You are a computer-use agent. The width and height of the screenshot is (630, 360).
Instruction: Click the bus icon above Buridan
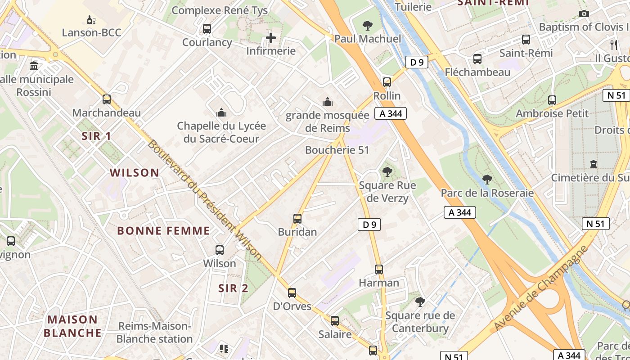[x=297, y=219]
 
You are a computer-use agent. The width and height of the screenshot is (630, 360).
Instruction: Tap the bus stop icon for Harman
[x=379, y=270]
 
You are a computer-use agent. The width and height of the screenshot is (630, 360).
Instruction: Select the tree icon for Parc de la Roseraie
[x=487, y=180]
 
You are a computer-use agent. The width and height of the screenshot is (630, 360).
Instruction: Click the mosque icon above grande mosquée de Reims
[x=328, y=102]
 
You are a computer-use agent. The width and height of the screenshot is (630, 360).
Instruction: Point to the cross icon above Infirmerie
[x=271, y=38]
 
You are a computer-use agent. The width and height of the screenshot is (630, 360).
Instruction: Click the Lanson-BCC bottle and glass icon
[x=91, y=20]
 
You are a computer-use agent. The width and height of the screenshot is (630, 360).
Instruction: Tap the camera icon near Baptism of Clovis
[x=584, y=13]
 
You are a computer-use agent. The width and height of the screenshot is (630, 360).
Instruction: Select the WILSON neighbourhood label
[x=135, y=172]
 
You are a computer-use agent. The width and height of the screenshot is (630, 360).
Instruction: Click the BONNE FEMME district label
[x=163, y=231]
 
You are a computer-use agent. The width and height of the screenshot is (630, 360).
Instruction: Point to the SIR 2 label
[x=233, y=288]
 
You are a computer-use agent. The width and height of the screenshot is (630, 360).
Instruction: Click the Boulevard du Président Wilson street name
[x=205, y=200]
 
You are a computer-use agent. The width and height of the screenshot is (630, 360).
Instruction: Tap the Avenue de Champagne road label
[x=540, y=288]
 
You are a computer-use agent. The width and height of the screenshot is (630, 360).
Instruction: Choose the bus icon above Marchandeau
[x=107, y=99]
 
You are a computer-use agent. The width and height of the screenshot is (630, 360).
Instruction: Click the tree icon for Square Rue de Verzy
[x=387, y=171]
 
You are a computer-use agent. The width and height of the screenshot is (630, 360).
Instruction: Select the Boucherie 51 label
[x=337, y=150]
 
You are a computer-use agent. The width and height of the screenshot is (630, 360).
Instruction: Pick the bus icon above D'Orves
[x=292, y=293]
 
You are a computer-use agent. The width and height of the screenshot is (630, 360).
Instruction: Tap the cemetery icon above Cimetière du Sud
[x=594, y=164]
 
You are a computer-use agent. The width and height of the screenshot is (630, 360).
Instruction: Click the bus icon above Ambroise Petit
[x=552, y=100]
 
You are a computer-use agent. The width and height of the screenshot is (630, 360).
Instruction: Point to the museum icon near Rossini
[x=34, y=66]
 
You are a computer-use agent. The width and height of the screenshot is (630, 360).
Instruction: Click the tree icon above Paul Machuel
[x=368, y=25]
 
